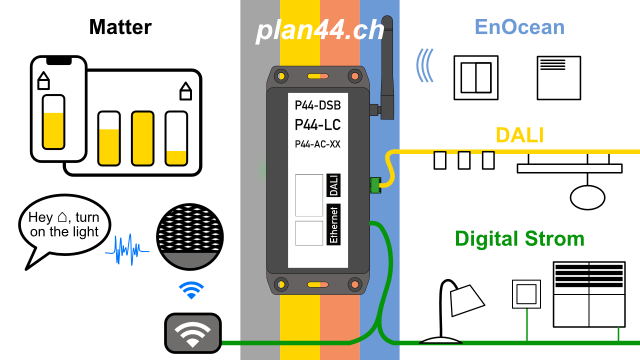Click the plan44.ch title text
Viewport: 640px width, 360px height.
320,31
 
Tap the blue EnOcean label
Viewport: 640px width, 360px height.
519,27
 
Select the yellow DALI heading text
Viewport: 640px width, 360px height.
519,135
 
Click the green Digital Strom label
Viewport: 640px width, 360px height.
519,239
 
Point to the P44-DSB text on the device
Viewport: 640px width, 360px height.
317,105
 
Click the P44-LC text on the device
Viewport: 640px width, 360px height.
317,125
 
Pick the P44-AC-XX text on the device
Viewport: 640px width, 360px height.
317,144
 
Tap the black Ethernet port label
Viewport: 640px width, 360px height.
333,224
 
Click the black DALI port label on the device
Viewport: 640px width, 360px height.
333,185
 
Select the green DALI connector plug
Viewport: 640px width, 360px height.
375,185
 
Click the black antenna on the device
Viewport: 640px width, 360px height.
387,67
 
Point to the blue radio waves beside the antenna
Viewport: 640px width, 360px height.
424,65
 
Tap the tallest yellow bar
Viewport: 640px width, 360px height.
142,138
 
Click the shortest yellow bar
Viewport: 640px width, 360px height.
176,157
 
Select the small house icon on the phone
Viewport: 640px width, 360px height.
43,81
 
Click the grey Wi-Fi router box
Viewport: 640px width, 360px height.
193,333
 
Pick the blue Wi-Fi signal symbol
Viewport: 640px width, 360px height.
191,289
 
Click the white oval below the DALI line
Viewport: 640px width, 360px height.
587,197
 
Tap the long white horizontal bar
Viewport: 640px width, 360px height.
569,168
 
